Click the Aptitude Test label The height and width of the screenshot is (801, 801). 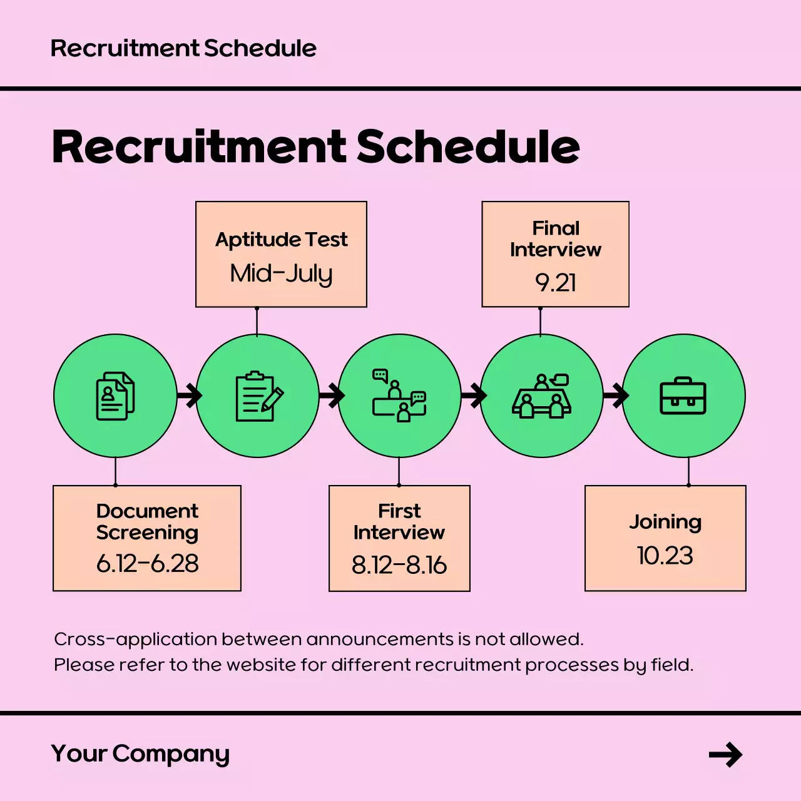[281, 240]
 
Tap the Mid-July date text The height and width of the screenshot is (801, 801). [281, 273]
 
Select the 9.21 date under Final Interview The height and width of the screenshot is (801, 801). [555, 283]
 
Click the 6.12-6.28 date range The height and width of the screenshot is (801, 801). [147, 564]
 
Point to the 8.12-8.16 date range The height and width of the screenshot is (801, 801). [399, 565]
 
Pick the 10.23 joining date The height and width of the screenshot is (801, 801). [665, 556]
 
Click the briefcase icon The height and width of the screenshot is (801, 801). [683, 396]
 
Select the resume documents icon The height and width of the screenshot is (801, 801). [115, 396]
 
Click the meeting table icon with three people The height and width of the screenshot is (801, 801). [542, 396]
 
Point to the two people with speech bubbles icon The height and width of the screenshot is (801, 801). [399, 395]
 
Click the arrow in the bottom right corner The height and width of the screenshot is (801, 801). [725, 755]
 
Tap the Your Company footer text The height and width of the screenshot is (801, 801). [140, 754]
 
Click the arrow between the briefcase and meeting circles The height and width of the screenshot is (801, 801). [616, 395]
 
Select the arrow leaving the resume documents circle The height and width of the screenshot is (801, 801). [189, 395]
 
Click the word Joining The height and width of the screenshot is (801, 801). [665, 522]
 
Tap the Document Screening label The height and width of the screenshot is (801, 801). [147, 521]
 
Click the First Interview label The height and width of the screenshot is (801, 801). [399, 521]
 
